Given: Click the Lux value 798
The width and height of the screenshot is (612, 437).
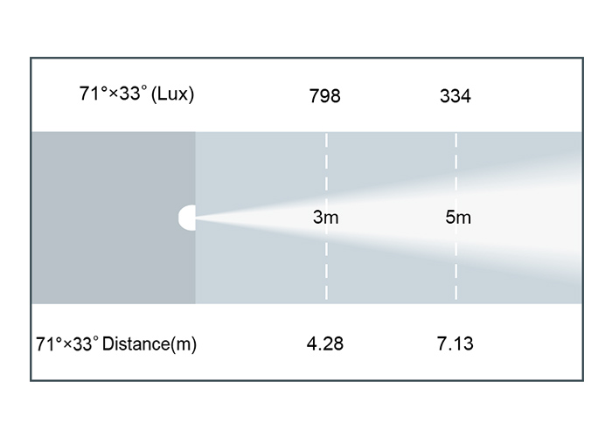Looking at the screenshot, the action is pyautogui.click(x=324, y=96).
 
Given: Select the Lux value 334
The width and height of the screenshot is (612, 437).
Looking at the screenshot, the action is pyautogui.click(x=456, y=96).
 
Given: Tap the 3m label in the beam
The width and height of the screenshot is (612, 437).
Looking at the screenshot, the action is pyautogui.click(x=325, y=217).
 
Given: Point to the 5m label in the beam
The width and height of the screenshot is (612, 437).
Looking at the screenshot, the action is pyautogui.click(x=458, y=217).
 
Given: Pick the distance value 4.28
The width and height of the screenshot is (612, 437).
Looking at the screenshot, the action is pyautogui.click(x=324, y=343).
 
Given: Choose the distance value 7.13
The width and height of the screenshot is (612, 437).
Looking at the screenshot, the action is pyautogui.click(x=456, y=343).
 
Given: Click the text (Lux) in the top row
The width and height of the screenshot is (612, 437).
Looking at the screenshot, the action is pyautogui.click(x=172, y=94).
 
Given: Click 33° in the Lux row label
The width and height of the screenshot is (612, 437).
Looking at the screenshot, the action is pyautogui.click(x=133, y=94).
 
